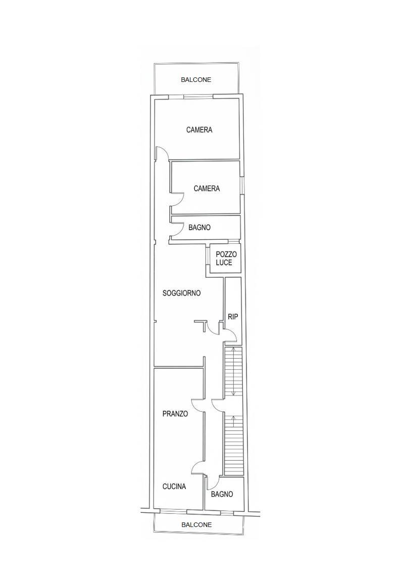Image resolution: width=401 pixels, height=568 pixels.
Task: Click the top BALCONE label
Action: (196, 80)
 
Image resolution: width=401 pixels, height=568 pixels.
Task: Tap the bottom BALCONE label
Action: (196, 525)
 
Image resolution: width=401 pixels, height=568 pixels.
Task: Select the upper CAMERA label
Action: (199, 129)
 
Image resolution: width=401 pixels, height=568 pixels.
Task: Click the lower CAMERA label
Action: (207, 188)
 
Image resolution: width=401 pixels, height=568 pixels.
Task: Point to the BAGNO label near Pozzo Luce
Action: (199, 228)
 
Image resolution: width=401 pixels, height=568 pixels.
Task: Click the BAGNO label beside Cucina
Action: (222, 494)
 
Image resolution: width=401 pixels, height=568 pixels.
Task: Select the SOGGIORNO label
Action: (181, 293)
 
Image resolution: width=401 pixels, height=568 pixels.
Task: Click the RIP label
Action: (233, 317)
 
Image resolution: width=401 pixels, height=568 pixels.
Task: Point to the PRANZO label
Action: (175, 414)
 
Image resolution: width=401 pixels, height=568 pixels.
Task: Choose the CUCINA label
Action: (174, 487)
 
